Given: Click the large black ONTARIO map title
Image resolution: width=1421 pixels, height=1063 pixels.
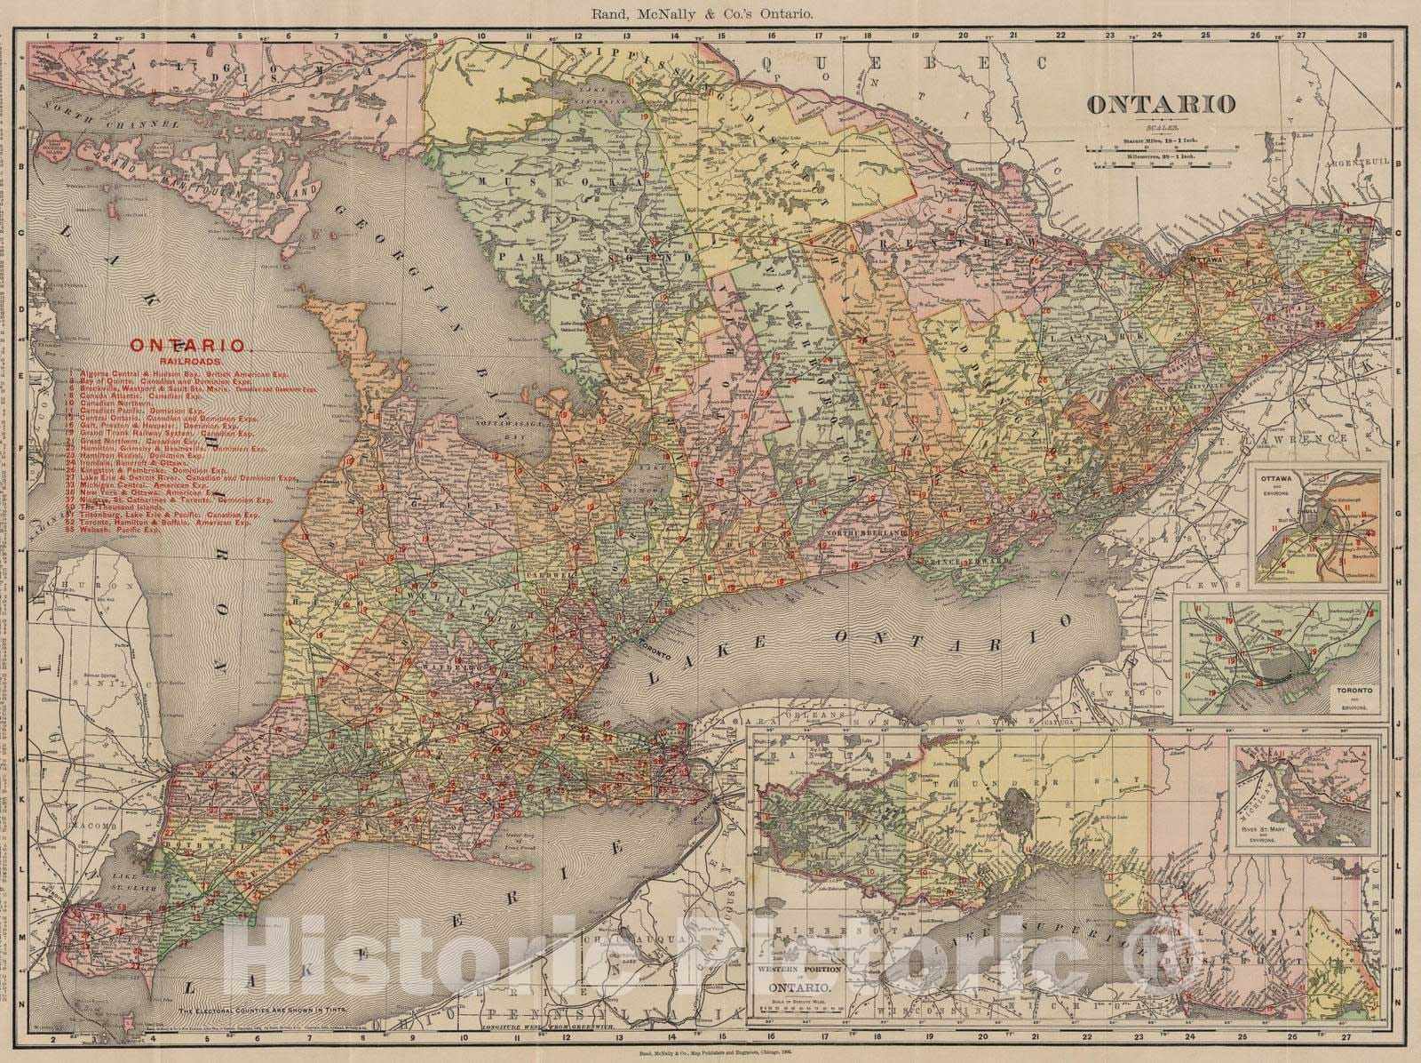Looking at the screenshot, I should [x=1161, y=104].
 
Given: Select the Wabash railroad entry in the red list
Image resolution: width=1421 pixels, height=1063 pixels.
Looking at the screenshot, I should [x=133, y=531].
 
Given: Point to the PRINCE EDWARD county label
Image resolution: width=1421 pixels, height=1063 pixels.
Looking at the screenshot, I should [x=950, y=562].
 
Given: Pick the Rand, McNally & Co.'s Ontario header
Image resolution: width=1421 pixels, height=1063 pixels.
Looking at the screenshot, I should [x=710, y=12].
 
